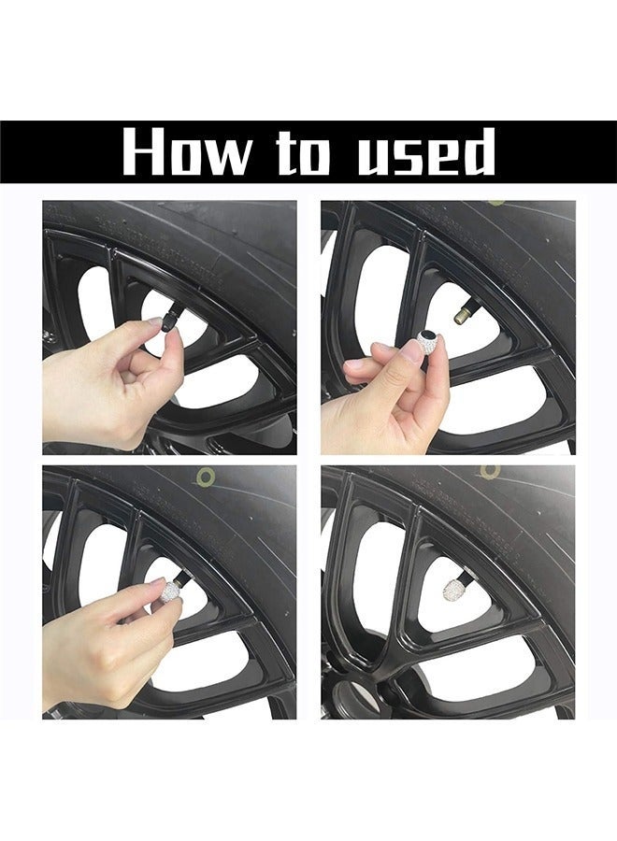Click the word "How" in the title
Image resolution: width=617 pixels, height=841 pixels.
coord(186,152)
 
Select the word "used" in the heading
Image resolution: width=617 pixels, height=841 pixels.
coord(424,152)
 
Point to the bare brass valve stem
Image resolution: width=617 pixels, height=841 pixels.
coord(462,317)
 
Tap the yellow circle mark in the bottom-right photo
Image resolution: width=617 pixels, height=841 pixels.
coord(490,472)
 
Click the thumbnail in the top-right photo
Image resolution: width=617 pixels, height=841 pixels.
coord(412,349)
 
